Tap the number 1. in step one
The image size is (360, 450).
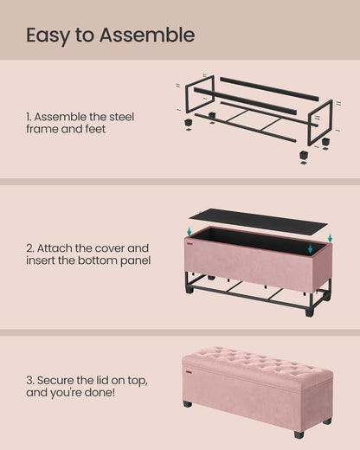pos(31,117)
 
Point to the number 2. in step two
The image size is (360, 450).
pos(32,247)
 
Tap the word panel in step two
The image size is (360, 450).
pos(134,260)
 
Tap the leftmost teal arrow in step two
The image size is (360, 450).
pos(190,231)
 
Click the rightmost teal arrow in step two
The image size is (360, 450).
pos(330,238)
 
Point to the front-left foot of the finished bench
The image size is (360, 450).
pos(187,403)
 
